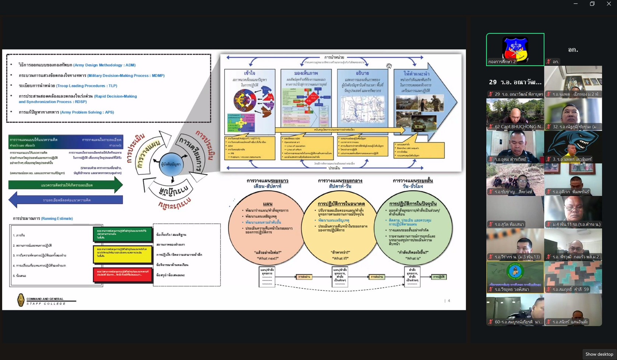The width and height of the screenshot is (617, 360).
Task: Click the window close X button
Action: coord(609,4)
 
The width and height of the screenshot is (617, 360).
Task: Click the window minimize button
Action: coord(575,4)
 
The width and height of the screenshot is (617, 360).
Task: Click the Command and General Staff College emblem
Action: coord(21,300)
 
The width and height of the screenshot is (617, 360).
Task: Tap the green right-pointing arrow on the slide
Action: coord(66,185)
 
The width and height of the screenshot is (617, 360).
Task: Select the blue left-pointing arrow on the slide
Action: coord(66,200)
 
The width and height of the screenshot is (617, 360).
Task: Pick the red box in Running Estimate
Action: coord(123,275)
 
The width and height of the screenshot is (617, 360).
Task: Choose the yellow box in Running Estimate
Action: coord(123,254)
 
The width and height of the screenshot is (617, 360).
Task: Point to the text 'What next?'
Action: coord(267,258)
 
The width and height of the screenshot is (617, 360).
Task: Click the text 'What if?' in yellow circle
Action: coord(341,258)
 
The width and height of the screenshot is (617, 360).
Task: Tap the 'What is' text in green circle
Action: coord(413,258)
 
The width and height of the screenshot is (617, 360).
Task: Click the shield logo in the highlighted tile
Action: coord(515,48)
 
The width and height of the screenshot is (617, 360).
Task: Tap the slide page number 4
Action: coord(449,301)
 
